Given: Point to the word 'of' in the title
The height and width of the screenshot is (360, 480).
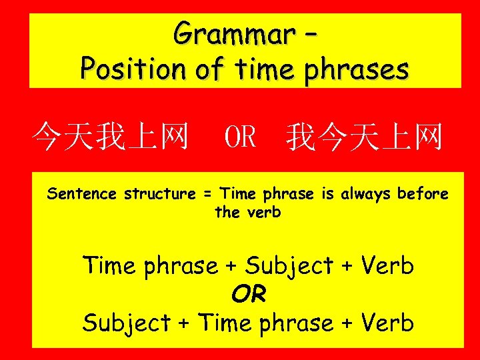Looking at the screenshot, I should click(209, 69).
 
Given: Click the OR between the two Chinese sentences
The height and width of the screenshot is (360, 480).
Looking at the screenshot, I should click(240, 137).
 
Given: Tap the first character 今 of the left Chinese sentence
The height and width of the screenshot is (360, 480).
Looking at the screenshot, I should click(47, 137).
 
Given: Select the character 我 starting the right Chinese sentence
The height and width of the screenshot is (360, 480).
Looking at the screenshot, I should click(302, 137).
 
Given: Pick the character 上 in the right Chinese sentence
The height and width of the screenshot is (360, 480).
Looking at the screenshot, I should click(395, 137).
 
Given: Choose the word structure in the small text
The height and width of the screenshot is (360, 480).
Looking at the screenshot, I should click(159, 194).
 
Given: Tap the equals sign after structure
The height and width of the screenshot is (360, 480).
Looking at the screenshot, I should click(207, 194).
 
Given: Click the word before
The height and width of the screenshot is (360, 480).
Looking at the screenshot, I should click(423, 194).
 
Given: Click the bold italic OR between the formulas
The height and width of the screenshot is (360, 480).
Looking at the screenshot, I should click(249, 294).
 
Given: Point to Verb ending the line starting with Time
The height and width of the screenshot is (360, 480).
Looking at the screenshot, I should click(387, 266).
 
